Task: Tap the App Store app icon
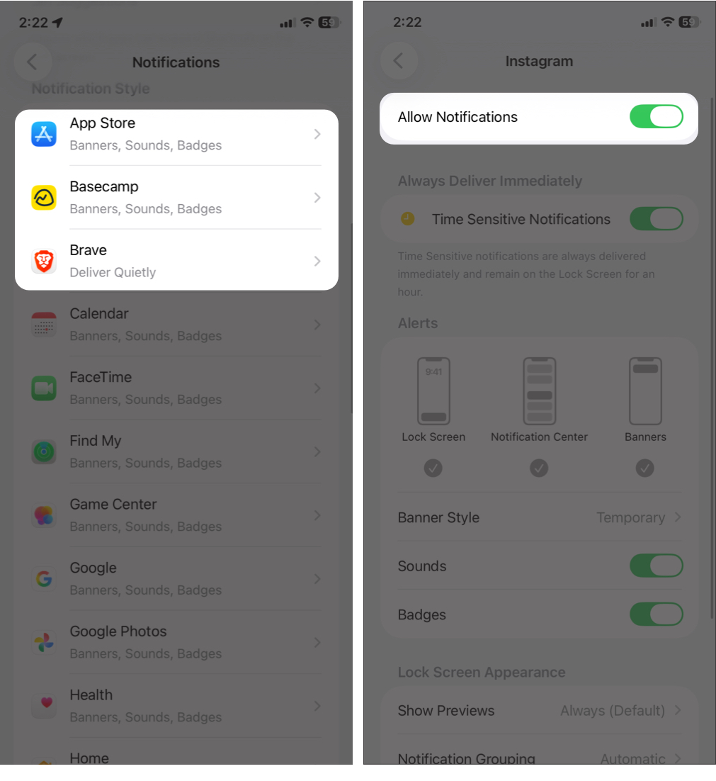coord(44,134)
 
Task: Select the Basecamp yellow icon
coord(44,198)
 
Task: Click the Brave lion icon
coord(44,262)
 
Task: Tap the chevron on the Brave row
coord(317,262)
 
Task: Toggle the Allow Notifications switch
coord(656,117)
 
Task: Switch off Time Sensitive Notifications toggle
coord(656,219)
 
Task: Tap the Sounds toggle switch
coord(656,566)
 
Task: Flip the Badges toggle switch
coord(656,614)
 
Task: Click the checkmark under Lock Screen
coord(433,468)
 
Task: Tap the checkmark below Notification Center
coord(539,468)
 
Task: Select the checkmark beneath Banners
coord(644,468)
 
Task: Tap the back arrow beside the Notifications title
coord(32,62)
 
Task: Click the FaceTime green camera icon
coord(44,388)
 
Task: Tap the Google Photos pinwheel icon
coord(44,643)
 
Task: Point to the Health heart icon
coord(44,706)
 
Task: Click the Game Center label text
coord(113,505)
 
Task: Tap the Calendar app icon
coord(44,325)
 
